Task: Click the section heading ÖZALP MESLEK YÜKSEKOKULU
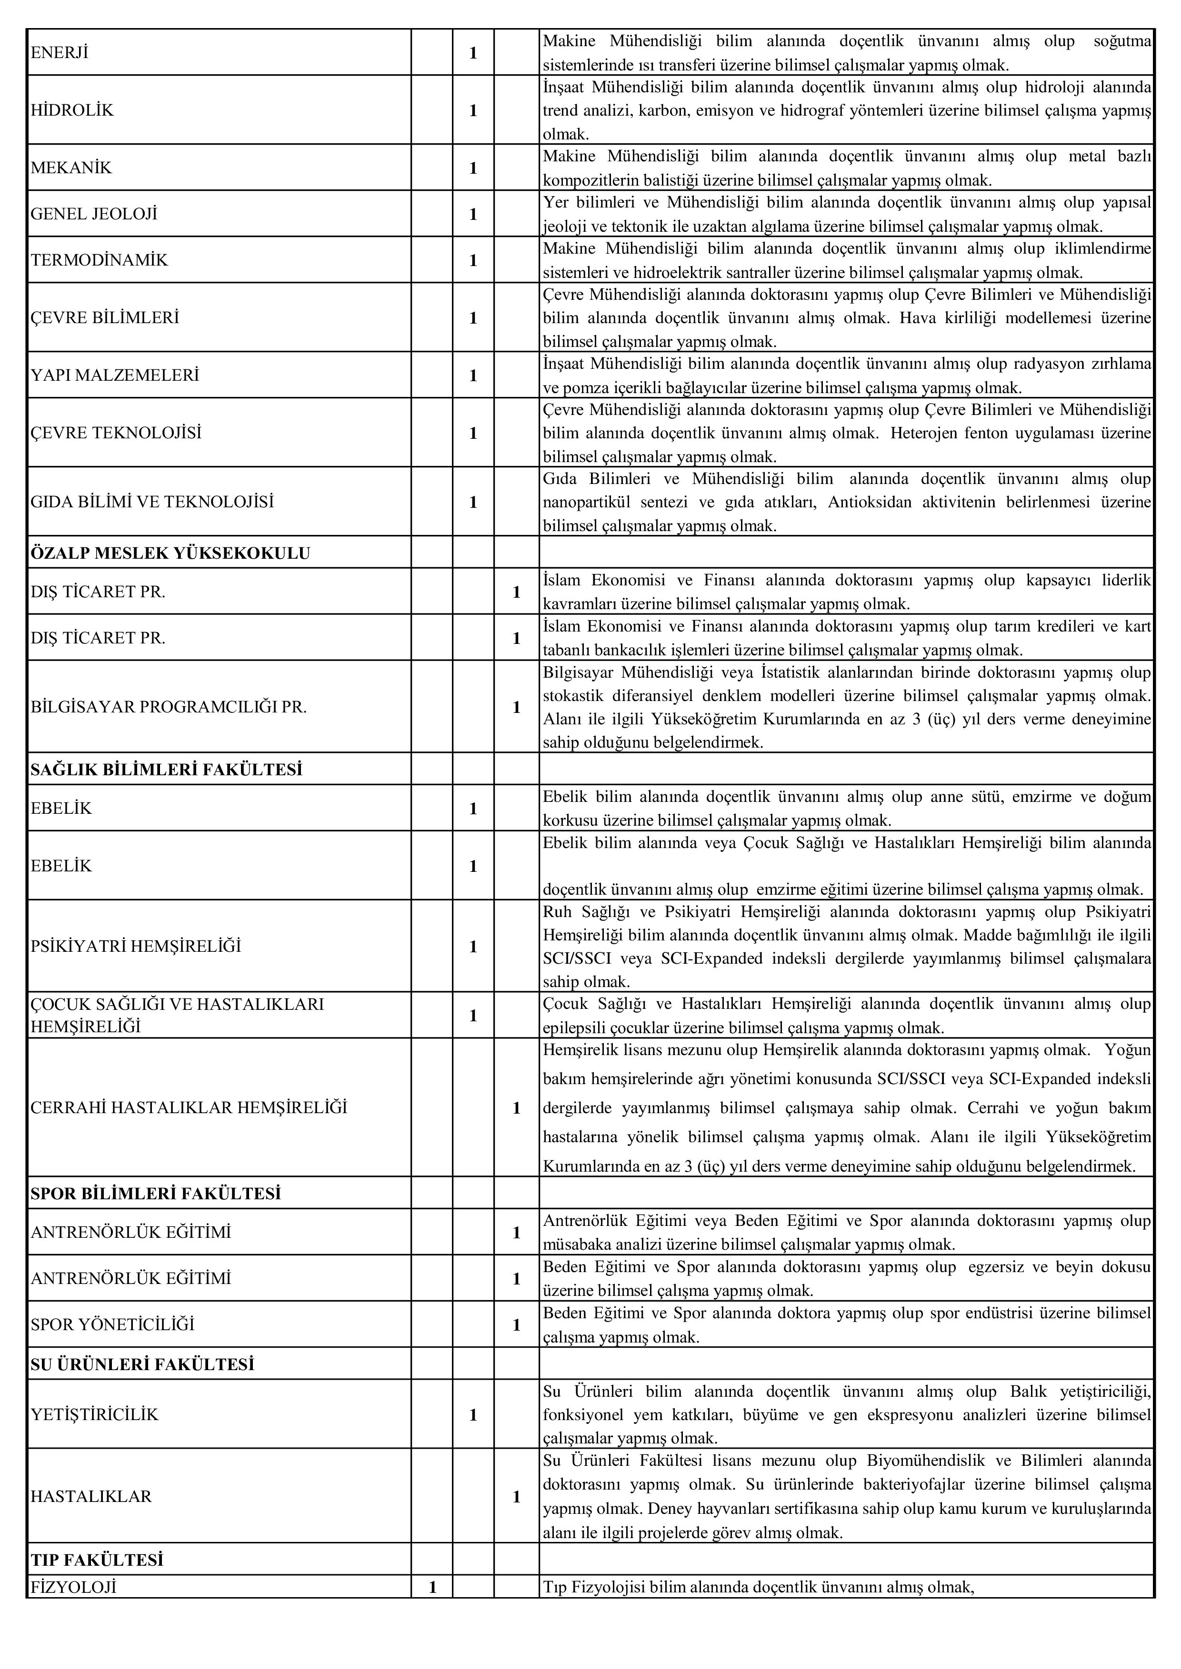tap(170, 553)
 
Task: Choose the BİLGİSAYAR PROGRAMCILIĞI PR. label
tap(169, 707)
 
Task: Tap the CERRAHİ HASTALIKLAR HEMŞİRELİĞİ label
tap(189, 1108)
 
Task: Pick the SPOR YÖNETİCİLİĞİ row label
tap(113, 1324)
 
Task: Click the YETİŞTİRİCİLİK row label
tap(95, 1414)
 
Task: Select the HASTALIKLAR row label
tap(91, 1496)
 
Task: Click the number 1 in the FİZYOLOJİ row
tap(433, 1586)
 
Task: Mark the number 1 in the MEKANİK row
tap(473, 168)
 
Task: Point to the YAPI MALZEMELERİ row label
tap(115, 375)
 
